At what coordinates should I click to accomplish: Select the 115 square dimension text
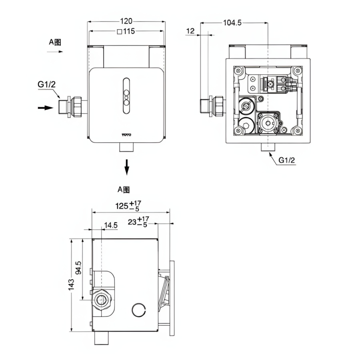126,32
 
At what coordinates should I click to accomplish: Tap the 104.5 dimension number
232,23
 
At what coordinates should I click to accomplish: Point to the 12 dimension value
190,31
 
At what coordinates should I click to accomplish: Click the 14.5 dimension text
111,225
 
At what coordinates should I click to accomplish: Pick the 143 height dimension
71,284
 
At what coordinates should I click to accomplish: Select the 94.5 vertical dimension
78,268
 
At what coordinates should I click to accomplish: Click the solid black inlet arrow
46,108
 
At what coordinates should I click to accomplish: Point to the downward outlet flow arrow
127,167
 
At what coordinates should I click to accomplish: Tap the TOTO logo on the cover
126,135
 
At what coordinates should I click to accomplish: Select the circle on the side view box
138,310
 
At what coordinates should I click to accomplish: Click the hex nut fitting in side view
102,300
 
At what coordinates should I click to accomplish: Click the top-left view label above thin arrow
55,42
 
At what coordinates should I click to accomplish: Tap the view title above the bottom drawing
124,189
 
